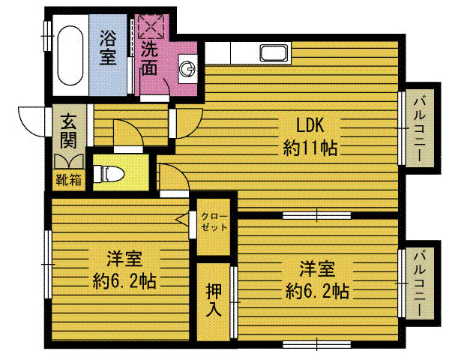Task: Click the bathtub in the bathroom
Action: [70, 55]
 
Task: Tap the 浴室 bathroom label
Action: [108, 48]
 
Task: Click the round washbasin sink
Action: [187, 69]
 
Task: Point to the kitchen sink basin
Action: [274, 53]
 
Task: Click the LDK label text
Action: [310, 125]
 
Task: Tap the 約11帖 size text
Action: [310, 148]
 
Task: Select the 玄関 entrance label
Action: [68, 131]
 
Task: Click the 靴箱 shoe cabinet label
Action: [68, 180]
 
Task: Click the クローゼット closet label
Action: [214, 222]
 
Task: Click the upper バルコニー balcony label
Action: [419, 128]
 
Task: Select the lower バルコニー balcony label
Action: [419, 283]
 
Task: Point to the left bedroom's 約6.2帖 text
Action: [124, 281]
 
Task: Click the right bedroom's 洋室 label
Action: [317, 269]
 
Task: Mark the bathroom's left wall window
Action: [48, 35]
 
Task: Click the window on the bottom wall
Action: [317, 344]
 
